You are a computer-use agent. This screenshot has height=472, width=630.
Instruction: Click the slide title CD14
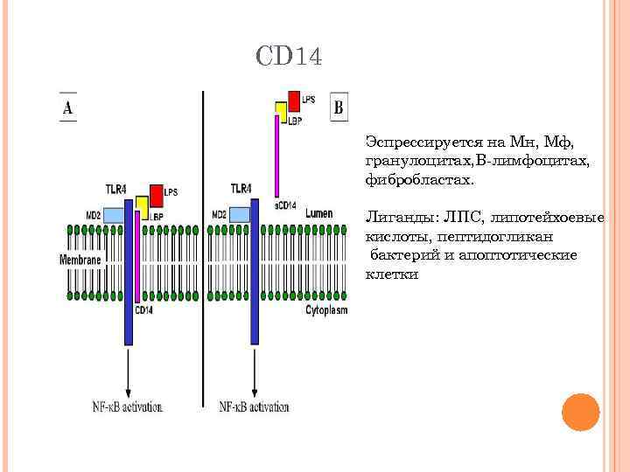coord(290,58)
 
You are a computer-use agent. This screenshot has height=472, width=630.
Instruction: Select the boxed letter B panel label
coord(339,108)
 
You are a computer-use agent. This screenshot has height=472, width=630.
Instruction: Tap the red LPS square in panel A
coord(156,193)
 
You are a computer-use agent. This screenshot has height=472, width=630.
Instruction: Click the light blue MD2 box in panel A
coord(115,214)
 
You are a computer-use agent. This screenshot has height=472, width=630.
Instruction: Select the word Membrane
coord(80,260)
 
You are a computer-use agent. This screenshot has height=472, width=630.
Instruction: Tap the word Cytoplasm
coord(325,310)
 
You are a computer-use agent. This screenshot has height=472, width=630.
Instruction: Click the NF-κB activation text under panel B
coord(254,406)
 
